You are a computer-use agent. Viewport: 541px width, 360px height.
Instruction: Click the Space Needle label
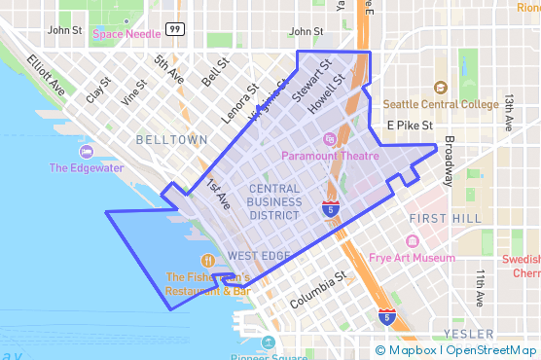[x=127, y=34]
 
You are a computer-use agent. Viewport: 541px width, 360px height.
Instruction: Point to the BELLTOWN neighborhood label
[x=171, y=140]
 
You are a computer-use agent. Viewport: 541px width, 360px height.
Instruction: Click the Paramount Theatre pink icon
[x=328, y=139]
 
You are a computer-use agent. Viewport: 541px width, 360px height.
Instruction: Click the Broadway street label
[x=449, y=162]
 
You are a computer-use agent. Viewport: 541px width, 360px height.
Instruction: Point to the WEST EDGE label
[x=259, y=256]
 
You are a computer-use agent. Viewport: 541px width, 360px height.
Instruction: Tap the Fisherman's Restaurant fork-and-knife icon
[x=207, y=261]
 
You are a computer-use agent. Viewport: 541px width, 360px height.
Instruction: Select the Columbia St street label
[x=318, y=293]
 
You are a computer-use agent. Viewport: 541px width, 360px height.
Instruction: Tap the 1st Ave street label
[x=217, y=195]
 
